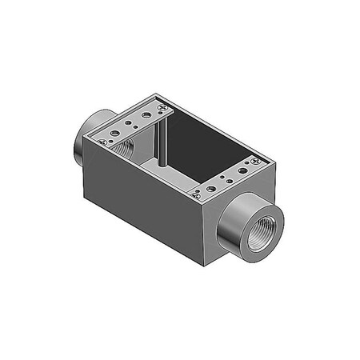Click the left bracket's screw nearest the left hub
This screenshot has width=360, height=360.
pyautogui.click(x=101, y=142)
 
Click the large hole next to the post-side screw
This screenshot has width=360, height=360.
pyautogui.click(x=147, y=114)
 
